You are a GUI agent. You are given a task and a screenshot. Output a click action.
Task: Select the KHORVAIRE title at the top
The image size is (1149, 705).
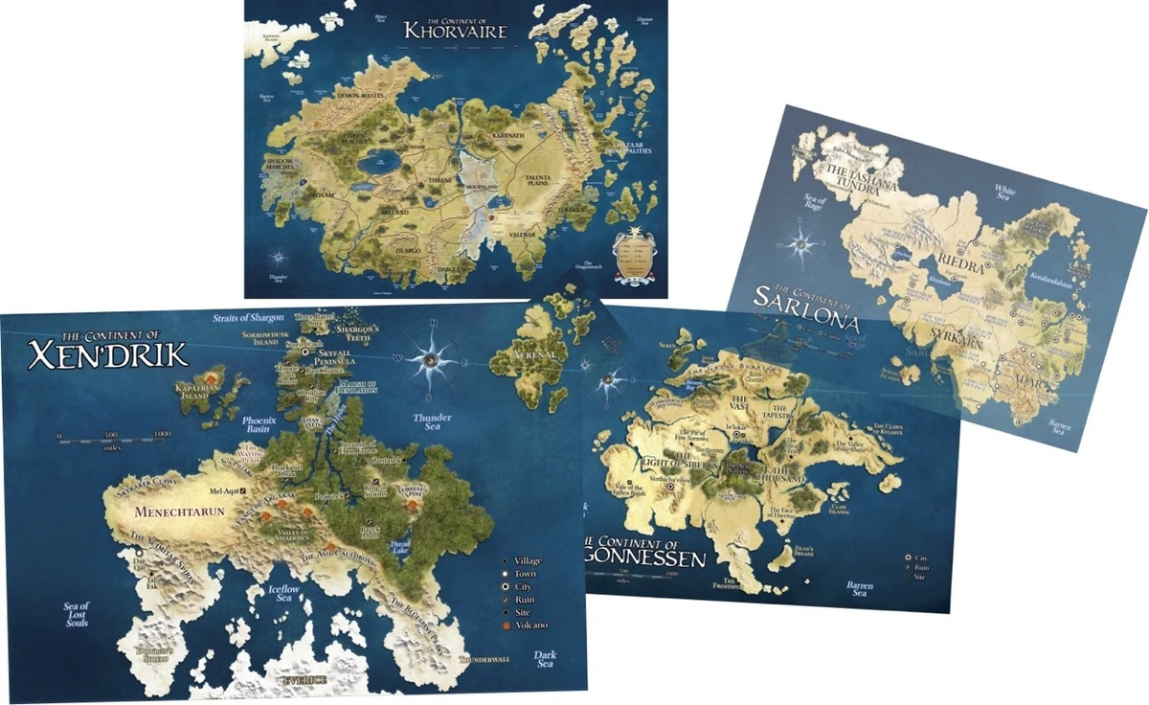tap(454, 29)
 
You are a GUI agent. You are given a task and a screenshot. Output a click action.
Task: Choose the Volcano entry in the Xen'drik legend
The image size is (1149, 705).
tap(530, 625)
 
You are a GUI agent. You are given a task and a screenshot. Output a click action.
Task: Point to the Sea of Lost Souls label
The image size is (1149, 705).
tap(76, 614)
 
